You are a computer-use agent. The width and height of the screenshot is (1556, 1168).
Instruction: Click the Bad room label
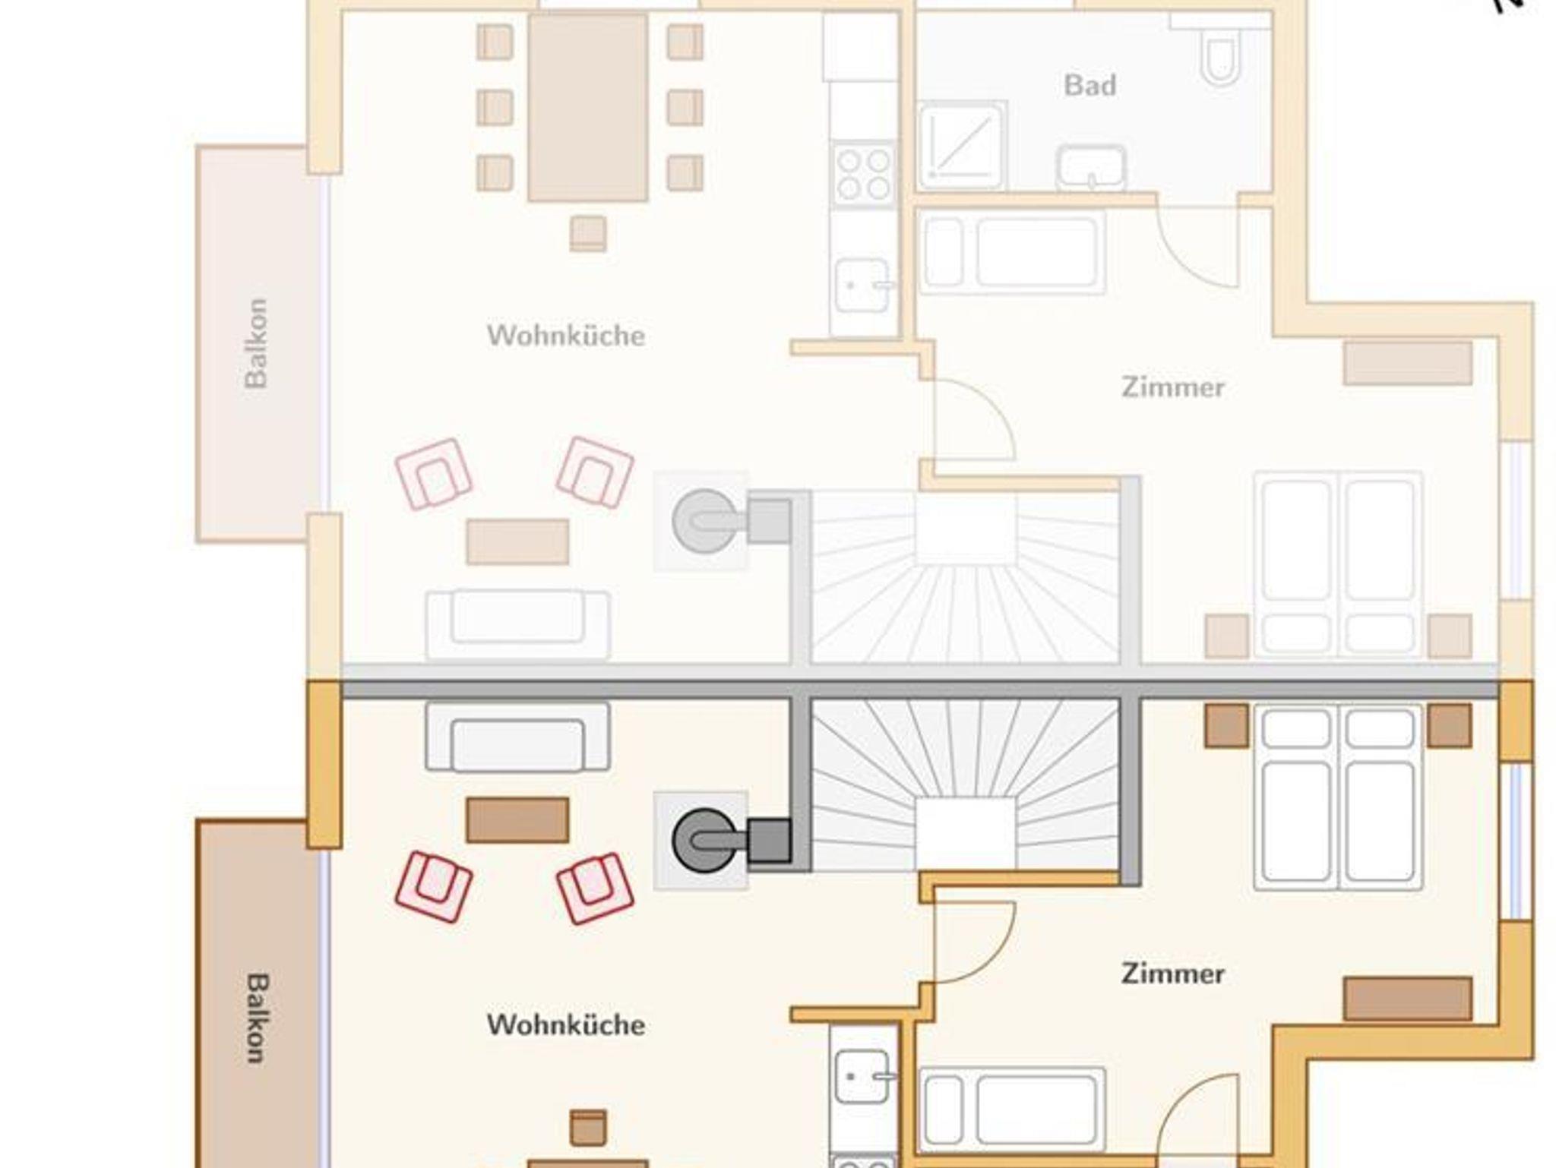tap(1090, 85)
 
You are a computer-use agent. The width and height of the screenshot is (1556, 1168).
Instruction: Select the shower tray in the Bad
tap(962, 145)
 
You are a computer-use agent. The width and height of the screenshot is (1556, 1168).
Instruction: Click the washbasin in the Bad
tap(1091, 167)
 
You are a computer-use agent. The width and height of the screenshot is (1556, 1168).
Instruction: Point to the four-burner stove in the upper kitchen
tap(863, 174)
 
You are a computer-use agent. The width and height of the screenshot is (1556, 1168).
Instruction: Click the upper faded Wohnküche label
tap(566, 335)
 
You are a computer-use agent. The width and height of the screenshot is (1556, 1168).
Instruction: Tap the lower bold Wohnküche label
tap(566, 1024)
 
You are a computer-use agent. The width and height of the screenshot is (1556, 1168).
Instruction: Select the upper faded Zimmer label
tap(1172, 387)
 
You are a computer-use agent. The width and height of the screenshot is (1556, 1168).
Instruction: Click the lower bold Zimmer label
tap(1172, 974)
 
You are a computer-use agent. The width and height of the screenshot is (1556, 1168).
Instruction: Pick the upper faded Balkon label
tap(256, 343)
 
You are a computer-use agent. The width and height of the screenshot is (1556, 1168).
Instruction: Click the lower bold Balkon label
tap(256, 1018)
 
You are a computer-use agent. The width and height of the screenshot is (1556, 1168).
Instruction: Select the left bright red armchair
tap(434, 887)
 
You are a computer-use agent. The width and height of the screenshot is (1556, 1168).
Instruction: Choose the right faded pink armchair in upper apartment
tap(595, 472)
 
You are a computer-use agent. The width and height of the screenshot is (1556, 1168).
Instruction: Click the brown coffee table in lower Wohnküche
tap(517, 820)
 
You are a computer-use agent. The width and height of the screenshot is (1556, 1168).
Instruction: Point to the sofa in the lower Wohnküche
tap(517, 736)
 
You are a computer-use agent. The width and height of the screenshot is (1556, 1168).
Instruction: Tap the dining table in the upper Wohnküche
tap(588, 107)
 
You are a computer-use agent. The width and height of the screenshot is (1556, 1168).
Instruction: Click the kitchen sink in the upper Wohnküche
tap(862, 286)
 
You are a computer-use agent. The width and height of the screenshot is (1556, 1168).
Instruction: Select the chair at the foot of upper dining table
tap(588, 234)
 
